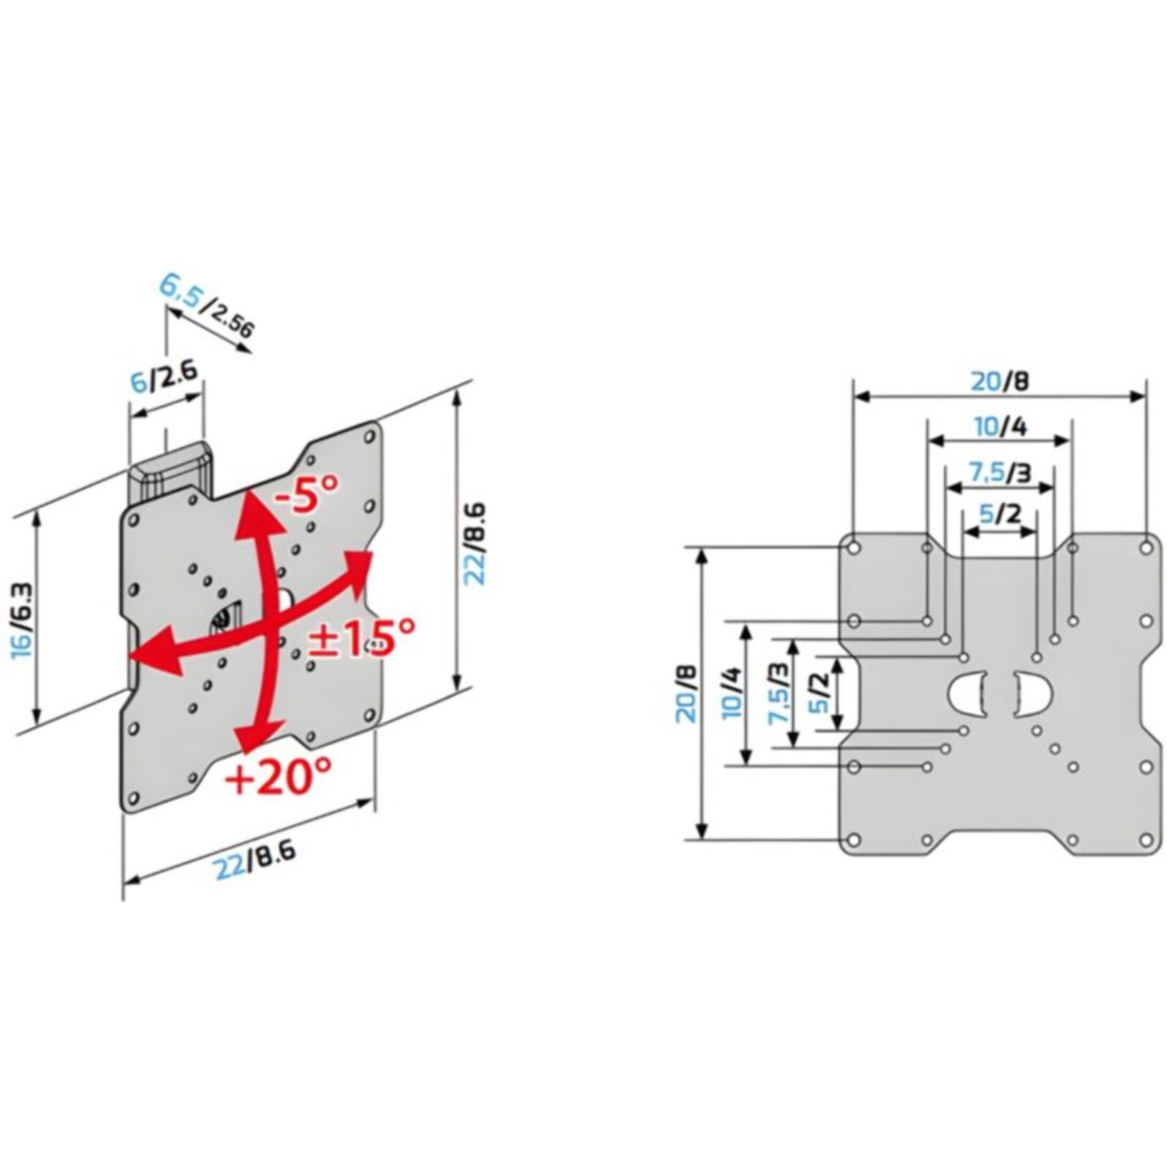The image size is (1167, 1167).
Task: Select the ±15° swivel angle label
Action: tap(362, 640)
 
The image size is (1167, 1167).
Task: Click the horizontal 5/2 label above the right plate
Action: tap(1000, 515)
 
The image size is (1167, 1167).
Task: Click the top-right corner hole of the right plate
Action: tap(1145, 548)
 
